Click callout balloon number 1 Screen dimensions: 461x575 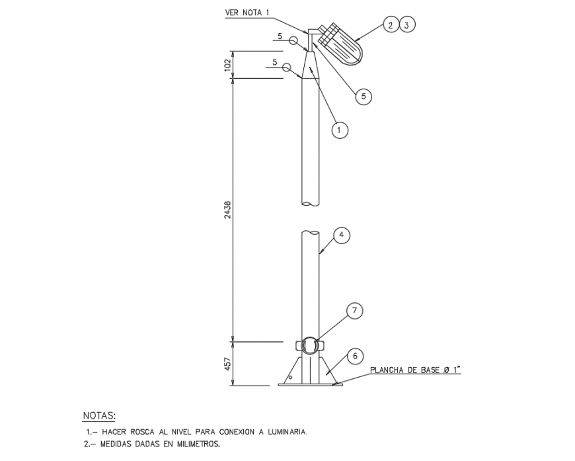tap(339, 130)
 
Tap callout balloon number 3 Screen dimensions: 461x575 tap(407, 25)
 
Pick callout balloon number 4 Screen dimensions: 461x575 tap(341, 235)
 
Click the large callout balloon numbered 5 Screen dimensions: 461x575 tap(363, 96)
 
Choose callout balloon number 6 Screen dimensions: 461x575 tap(355, 356)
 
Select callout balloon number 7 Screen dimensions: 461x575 tap(355, 310)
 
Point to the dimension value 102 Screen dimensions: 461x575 tap(227, 65)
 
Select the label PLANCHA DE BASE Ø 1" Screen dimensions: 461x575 tap(414, 370)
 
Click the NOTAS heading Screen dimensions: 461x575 tap(99, 415)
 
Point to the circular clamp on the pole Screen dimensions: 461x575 tap(309, 345)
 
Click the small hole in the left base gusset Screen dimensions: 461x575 tap(290, 376)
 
